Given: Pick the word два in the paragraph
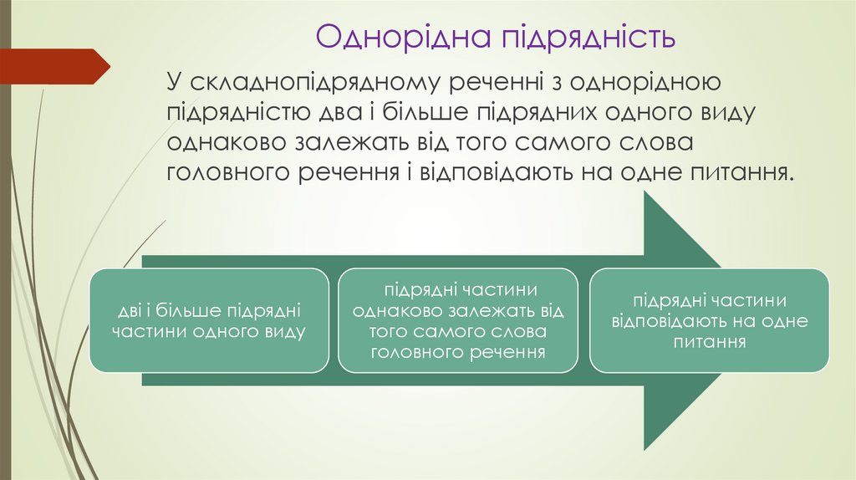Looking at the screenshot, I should (x=354, y=112).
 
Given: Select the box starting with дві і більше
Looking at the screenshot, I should (x=209, y=320).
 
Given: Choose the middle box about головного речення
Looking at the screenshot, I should (x=458, y=320).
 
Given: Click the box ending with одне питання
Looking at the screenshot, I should (x=709, y=320).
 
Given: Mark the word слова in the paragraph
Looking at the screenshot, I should (x=655, y=142).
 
